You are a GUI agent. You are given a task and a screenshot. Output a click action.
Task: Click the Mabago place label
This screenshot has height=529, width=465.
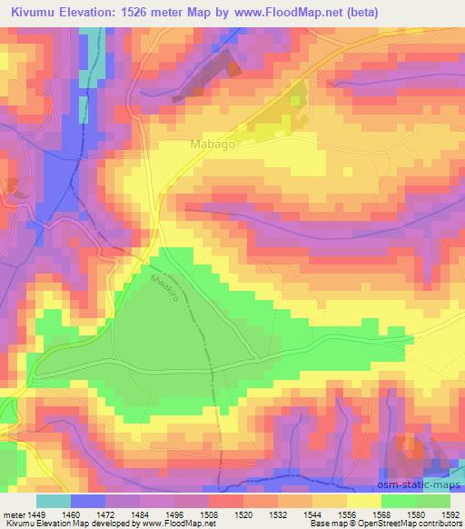213,145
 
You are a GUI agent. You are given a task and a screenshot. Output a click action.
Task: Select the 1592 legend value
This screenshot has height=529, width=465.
448,515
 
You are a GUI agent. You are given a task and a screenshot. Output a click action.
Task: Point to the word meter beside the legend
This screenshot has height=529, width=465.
13,515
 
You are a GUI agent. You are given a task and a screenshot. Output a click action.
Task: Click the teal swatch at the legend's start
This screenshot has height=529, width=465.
54,501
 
